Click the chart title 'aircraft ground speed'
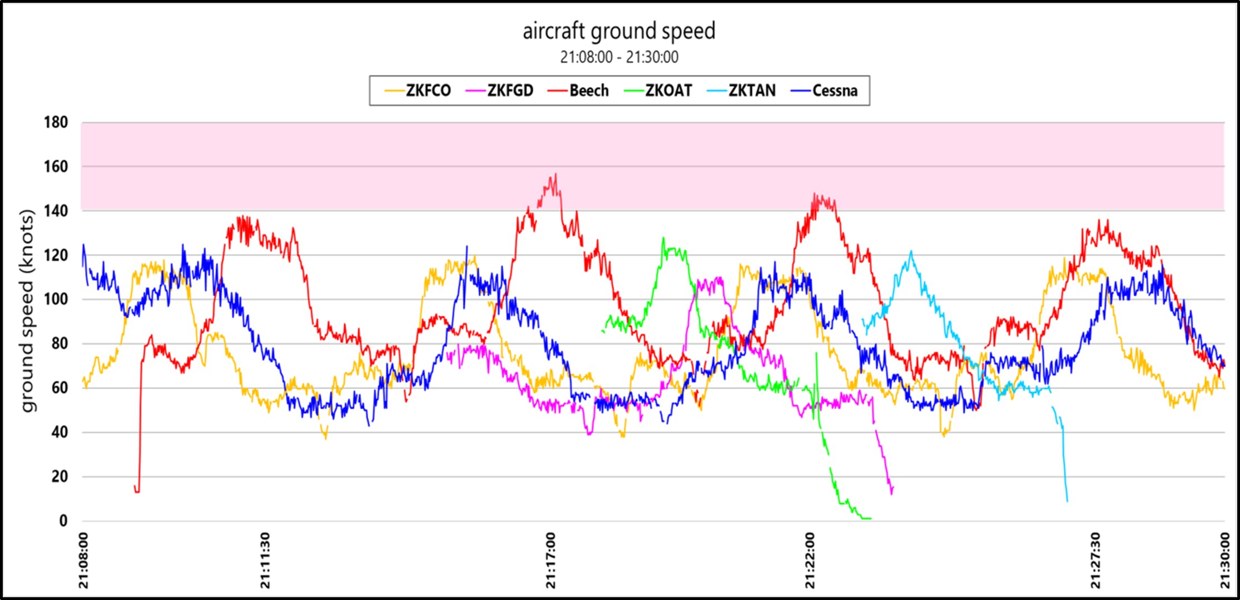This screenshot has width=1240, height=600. [619, 31]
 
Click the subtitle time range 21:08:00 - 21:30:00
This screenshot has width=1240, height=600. [619, 57]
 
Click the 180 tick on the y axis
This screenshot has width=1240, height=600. [56, 122]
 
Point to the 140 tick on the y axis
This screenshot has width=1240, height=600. [56, 211]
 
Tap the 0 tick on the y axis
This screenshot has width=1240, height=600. [63, 521]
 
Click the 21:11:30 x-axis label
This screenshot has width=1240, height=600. [265, 560]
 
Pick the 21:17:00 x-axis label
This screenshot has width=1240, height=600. [550, 560]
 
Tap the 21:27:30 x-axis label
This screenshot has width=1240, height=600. [1095, 560]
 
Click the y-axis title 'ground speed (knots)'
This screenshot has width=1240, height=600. [27, 310]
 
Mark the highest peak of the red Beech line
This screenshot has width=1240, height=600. [555, 174]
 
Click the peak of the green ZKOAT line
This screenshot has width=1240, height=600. [663, 238]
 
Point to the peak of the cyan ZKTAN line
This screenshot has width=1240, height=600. [911, 251]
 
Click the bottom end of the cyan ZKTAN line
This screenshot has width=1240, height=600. [1067, 500]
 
